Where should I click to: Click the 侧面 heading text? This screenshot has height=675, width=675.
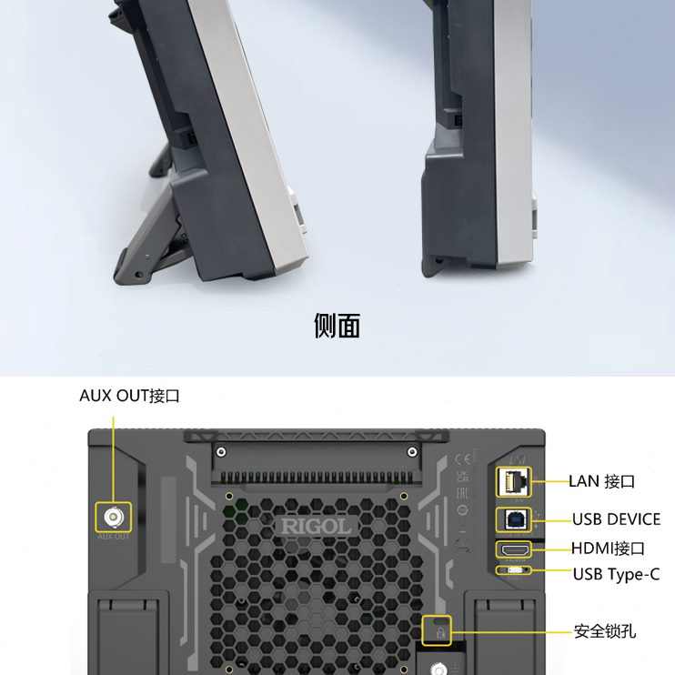click(x=337, y=326)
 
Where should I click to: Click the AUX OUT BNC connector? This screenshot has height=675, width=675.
click(x=114, y=518)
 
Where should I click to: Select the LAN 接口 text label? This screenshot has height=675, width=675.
click(x=601, y=481)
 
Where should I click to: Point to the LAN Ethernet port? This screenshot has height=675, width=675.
click(x=515, y=482)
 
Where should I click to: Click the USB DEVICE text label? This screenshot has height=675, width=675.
click(x=616, y=519)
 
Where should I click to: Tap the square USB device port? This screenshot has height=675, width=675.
click(x=515, y=519)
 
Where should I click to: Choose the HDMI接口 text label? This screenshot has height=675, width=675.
click(x=608, y=548)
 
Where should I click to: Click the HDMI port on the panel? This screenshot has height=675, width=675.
click(x=515, y=549)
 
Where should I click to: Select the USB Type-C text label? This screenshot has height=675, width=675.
click(x=616, y=574)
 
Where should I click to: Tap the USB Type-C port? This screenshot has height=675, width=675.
click(x=515, y=572)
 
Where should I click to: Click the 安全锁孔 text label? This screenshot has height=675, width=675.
click(x=604, y=630)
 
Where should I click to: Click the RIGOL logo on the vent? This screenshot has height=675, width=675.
click(x=315, y=527)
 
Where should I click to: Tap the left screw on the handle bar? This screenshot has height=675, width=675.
click(x=219, y=451)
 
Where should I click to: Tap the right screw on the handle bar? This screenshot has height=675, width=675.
click(x=412, y=451)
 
